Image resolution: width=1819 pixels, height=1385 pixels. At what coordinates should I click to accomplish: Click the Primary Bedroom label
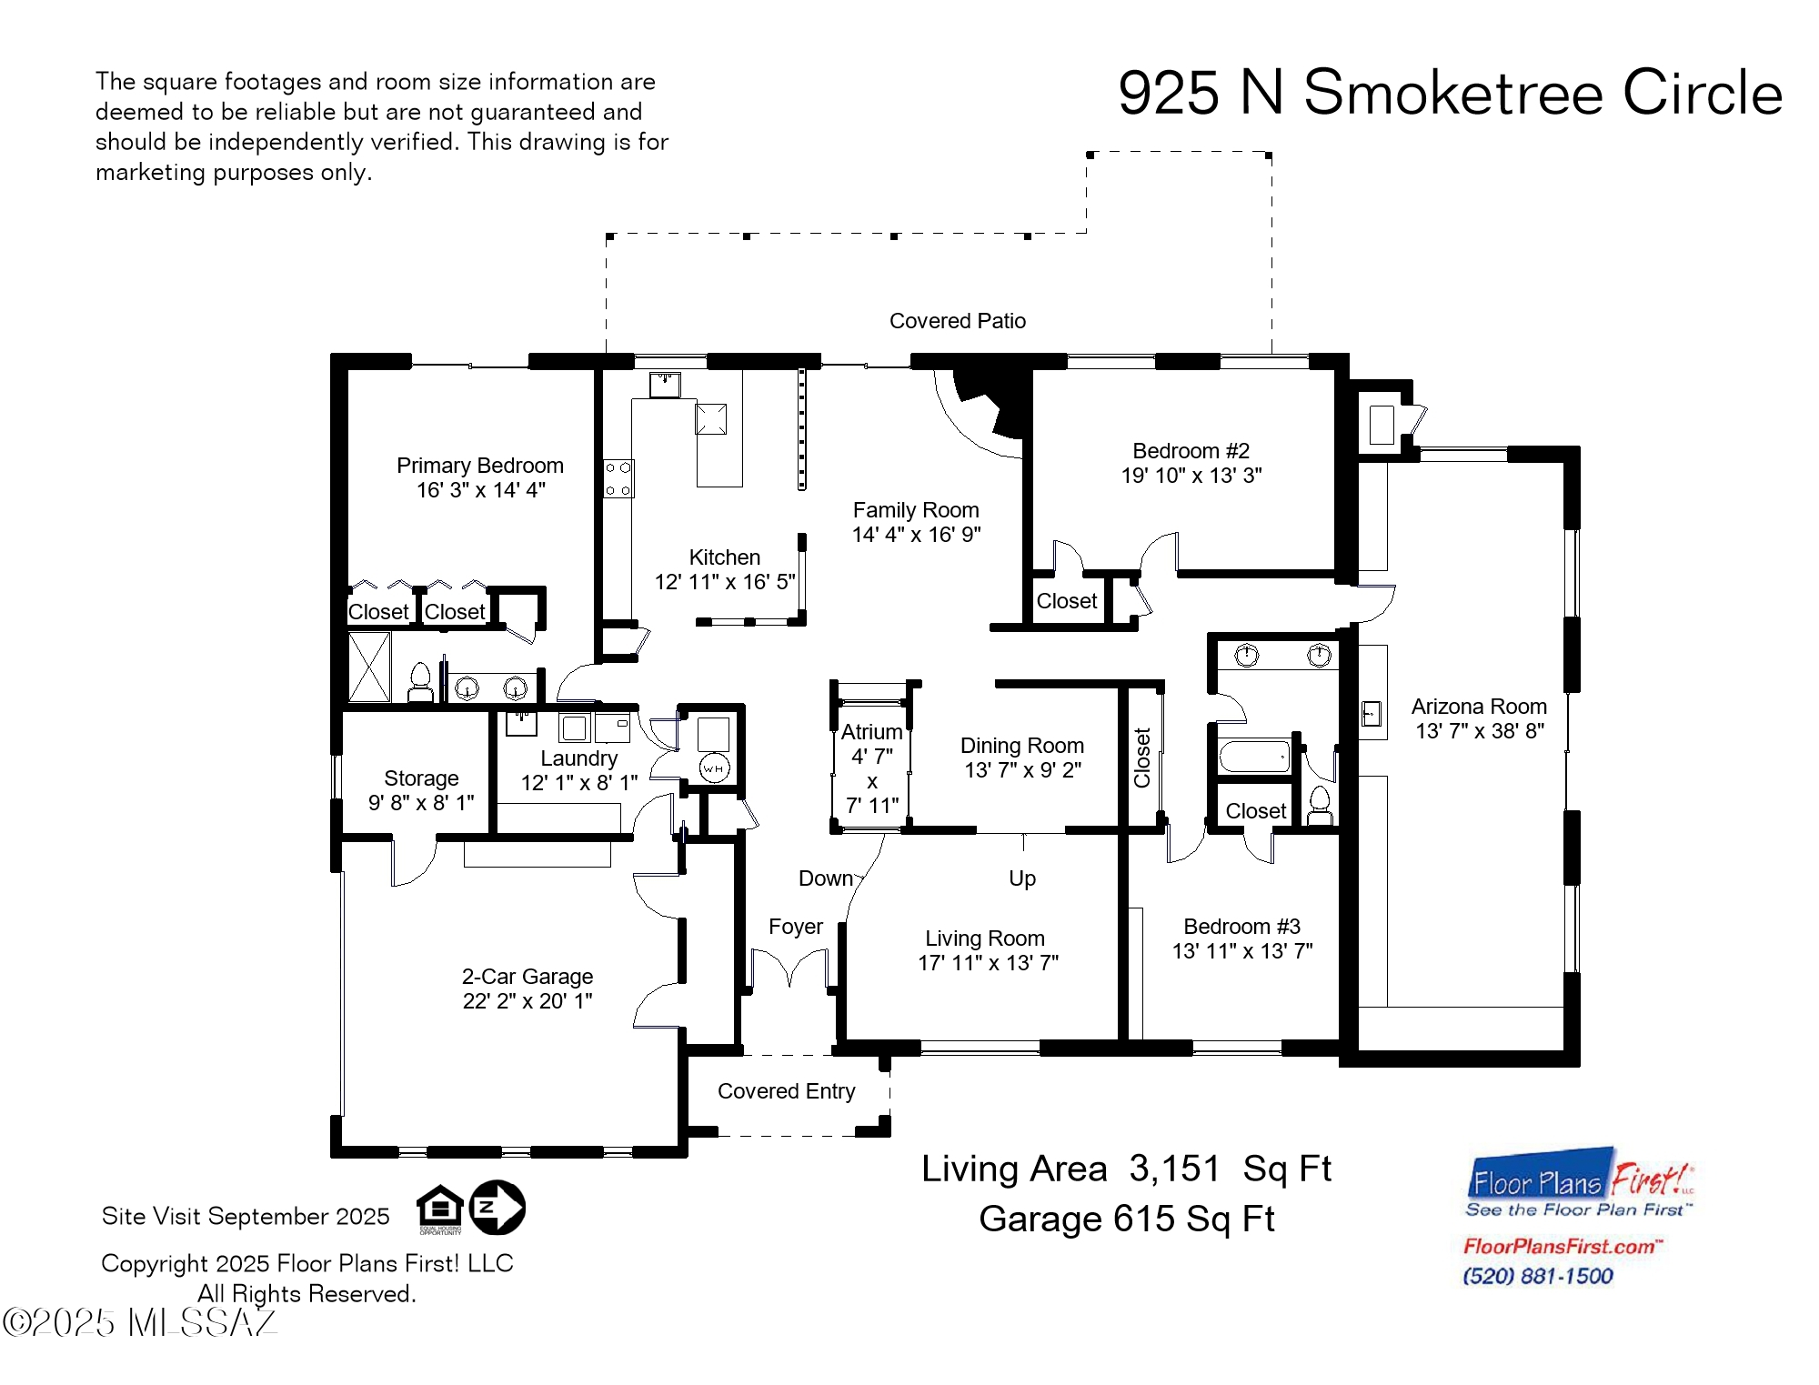[x=479, y=466]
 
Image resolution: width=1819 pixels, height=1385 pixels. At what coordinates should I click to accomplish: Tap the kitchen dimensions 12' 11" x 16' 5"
[x=725, y=582]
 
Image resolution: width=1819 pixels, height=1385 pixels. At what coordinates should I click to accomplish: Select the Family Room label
[x=915, y=510]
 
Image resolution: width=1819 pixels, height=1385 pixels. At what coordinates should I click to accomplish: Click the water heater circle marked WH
[x=714, y=769]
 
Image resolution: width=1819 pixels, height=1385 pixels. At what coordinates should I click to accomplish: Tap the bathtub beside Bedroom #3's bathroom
[x=1254, y=757]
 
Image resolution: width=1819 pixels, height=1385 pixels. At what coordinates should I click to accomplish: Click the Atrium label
[x=871, y=732]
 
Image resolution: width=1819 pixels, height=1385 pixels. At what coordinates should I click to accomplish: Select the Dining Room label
[x=1021, y=746]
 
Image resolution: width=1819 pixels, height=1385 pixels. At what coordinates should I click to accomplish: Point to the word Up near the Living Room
[x=1022, y=878]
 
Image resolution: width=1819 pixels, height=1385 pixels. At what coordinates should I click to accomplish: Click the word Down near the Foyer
[x=826, y=878]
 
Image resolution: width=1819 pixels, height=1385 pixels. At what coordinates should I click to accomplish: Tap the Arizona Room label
[x=1478, y=707]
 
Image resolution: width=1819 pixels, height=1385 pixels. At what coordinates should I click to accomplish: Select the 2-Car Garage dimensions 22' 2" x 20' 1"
[x=528, y=1001]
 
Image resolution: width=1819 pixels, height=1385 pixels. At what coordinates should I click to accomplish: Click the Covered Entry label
[x=786, y=1091]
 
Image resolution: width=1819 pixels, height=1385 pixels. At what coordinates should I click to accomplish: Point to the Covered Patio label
[x=957, y=321]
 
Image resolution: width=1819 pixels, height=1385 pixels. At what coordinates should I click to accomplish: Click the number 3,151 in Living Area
[x=1173, y=1169]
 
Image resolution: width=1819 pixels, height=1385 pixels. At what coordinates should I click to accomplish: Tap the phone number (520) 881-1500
[x=1537, y=1276]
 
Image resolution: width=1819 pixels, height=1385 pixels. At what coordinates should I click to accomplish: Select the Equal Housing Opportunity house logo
[x=440, y=1208]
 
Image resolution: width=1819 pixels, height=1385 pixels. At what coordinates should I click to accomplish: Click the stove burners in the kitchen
[x=618, y=478]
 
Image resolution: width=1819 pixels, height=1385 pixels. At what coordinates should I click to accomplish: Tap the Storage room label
[x=421, y=778]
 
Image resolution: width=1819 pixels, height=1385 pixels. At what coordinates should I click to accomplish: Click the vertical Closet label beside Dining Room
[x=1142, y=758]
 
